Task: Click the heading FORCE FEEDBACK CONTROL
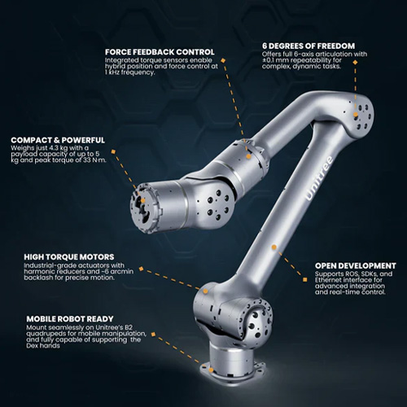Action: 160,52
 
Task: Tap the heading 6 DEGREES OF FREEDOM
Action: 309,46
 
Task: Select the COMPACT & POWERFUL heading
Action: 58,140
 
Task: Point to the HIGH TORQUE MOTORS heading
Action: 69,257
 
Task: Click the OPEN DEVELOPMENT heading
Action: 356,265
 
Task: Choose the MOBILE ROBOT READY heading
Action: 70,319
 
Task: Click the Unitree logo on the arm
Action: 320,178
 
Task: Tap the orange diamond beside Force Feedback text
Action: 223,60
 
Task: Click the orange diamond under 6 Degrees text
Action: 355,62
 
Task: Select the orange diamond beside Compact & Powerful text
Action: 114,152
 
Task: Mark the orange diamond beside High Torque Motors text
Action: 141,269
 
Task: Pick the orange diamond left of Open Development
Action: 305,279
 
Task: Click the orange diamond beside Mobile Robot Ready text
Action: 153,335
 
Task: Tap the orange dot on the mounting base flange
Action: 211,370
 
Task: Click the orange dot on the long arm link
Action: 274,247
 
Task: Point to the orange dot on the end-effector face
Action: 142,201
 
